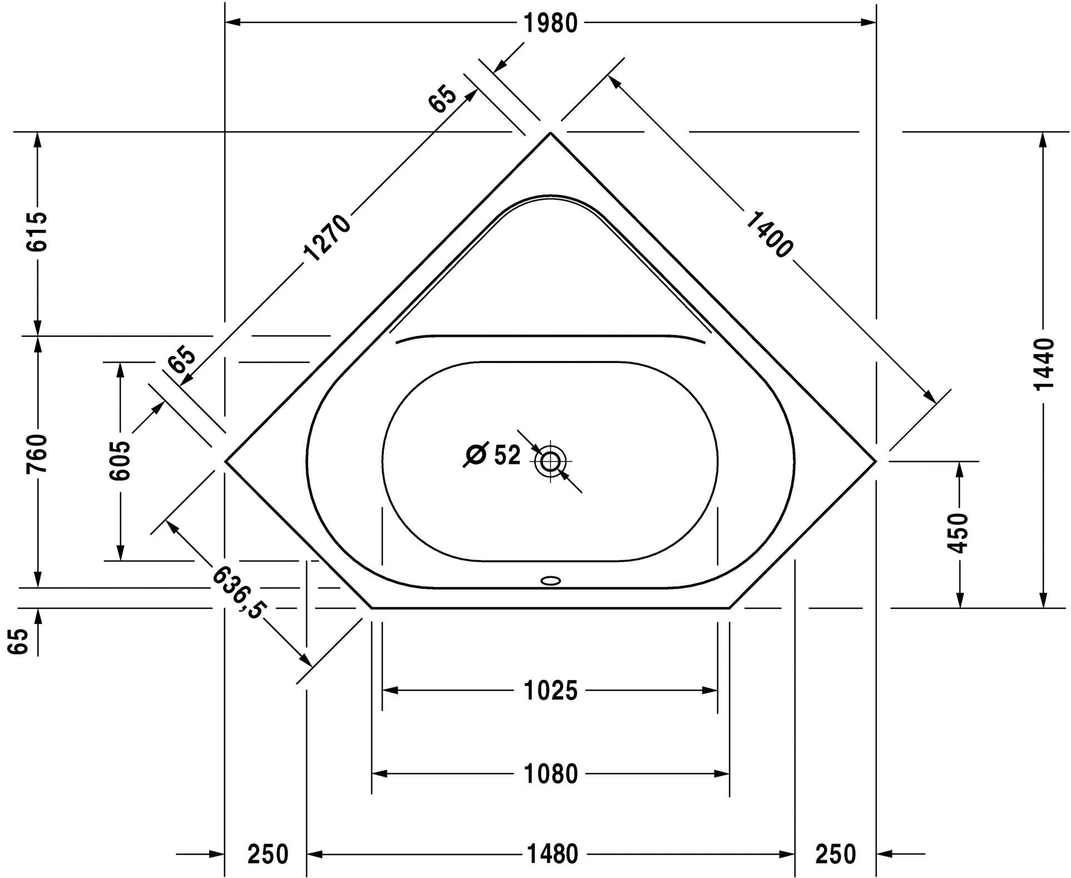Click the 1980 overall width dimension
(551, 23)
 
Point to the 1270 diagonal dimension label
(328, 238)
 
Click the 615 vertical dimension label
(38, 232)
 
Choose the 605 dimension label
(120, 461)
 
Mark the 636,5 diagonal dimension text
(237, 592)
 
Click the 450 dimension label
(958, 533)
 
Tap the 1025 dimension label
(551, 691)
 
